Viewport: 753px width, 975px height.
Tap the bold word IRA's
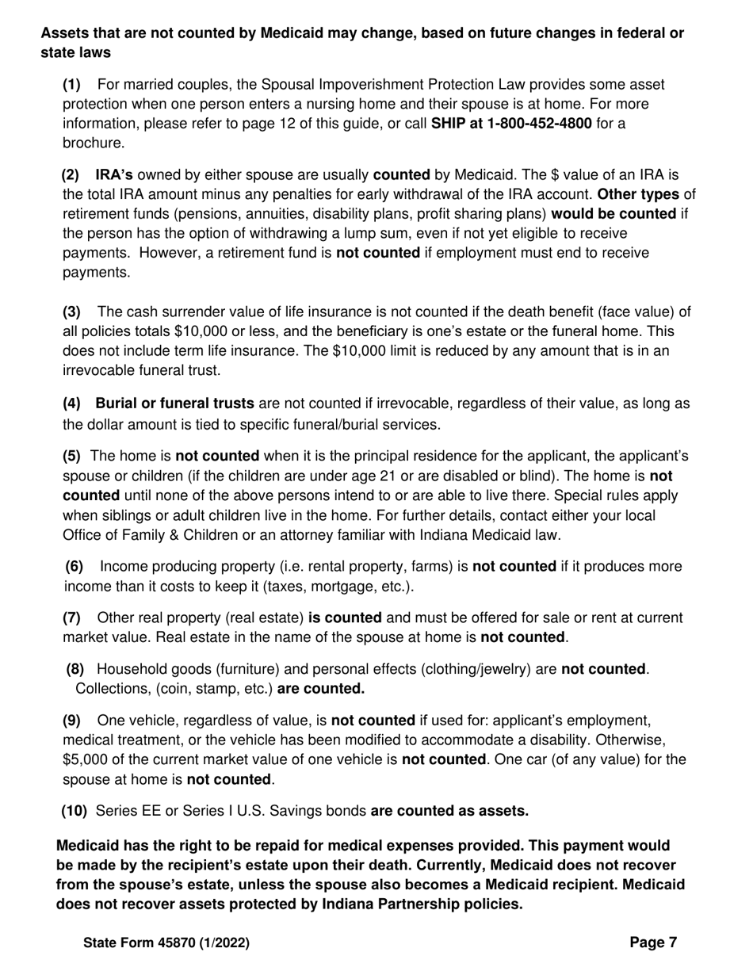(114, 174)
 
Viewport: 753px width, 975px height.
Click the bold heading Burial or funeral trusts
(174, 403)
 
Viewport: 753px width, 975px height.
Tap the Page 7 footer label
(653, 942)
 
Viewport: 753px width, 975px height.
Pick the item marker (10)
(75, 811)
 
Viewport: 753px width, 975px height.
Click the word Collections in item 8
(110, 689)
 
